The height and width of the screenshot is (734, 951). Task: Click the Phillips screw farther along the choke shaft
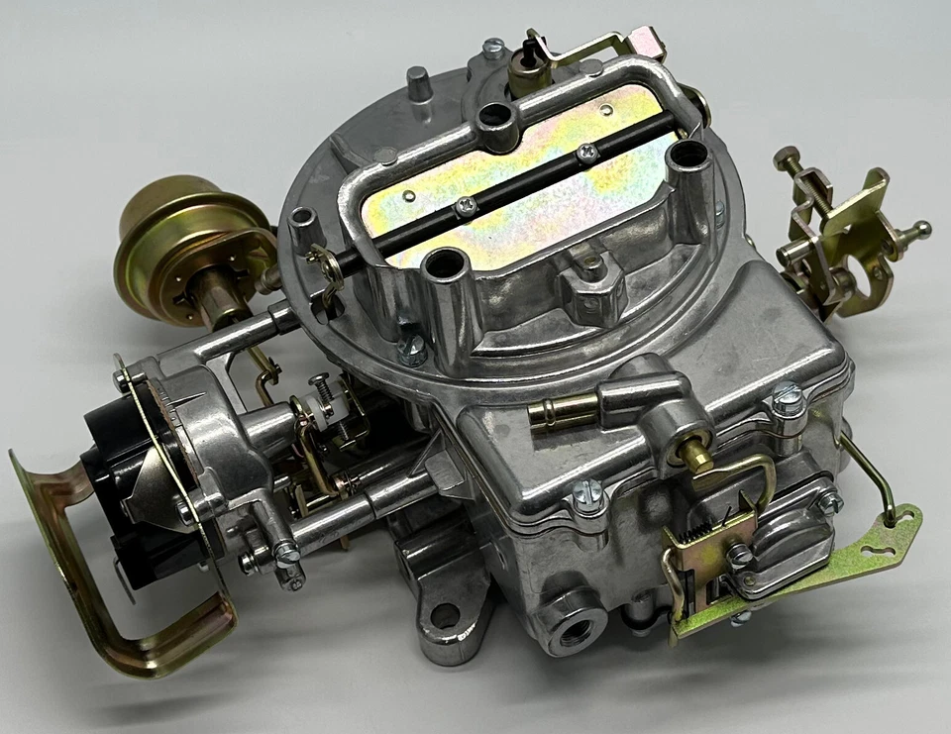click(587, 151)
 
